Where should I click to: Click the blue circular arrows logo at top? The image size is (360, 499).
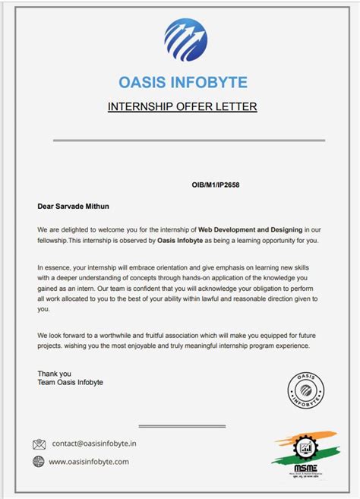[185, 39]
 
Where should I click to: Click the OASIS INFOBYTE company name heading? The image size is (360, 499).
[183, 82]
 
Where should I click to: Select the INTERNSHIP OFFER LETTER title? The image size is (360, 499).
[182, 106]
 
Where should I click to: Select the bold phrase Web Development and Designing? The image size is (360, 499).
[251, 229]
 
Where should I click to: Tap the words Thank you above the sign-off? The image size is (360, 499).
[54, 373]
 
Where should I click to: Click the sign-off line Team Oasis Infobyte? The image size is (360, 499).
[70, 382]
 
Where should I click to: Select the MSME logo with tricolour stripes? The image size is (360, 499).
[304, 452]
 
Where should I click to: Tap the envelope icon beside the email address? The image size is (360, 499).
[39, 444]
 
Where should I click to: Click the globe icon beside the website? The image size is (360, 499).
[39, 462]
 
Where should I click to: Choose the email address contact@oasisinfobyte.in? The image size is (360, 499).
[94, 444]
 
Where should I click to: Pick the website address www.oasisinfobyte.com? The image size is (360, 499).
[89, 462]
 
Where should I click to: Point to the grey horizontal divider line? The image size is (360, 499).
[188, 141]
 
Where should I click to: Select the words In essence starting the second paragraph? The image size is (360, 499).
[54, 267]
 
